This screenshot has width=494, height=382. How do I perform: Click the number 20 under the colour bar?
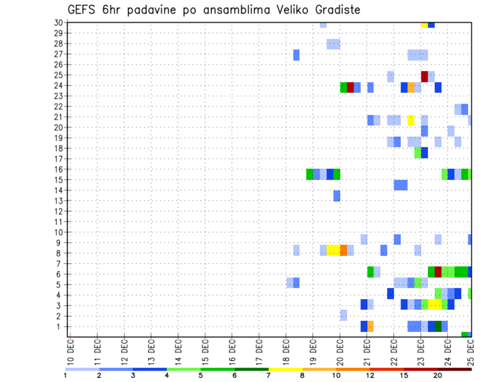[438, 375]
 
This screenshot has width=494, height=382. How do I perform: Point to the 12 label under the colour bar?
[370, 375]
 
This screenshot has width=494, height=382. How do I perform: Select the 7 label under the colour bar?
[269, 375]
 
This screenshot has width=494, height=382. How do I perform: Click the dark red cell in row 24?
[350, 88]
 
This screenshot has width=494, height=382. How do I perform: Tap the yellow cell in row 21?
[411, 120]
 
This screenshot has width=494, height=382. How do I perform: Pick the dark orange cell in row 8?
[343, 250]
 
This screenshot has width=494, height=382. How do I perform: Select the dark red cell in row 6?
[438, 271]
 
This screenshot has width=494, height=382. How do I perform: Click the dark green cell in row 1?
[438, 326]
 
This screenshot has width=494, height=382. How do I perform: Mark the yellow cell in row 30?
[424, 25]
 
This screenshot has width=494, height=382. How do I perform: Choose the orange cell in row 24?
[411, 88]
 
